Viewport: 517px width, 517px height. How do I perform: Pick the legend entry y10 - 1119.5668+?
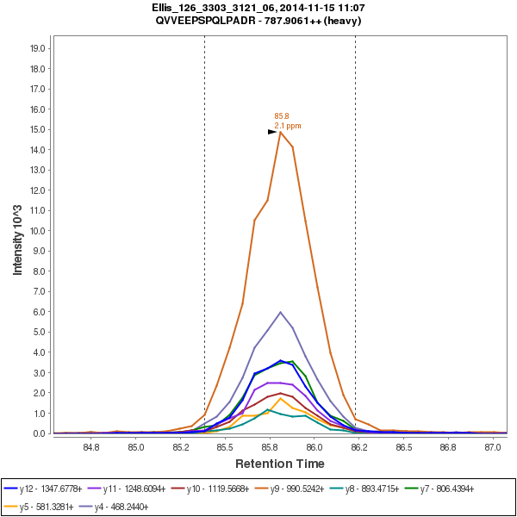pos(220,489)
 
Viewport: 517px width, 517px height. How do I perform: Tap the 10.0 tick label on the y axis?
pos(38,231)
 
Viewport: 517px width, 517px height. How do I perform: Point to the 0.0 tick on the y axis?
pos(38,433)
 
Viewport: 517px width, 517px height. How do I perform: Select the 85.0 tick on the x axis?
pos(135,447)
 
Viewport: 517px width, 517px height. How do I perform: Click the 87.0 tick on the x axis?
pos(493,447)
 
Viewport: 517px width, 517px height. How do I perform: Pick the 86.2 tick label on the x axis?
pos(359,447)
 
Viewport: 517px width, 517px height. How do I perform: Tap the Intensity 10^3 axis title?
pos(18,234)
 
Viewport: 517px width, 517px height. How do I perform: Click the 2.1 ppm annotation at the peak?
pos(288,126)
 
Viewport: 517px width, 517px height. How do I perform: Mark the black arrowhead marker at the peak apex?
pos(272,132)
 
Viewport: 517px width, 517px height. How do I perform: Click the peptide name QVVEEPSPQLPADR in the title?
pos(216,20)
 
